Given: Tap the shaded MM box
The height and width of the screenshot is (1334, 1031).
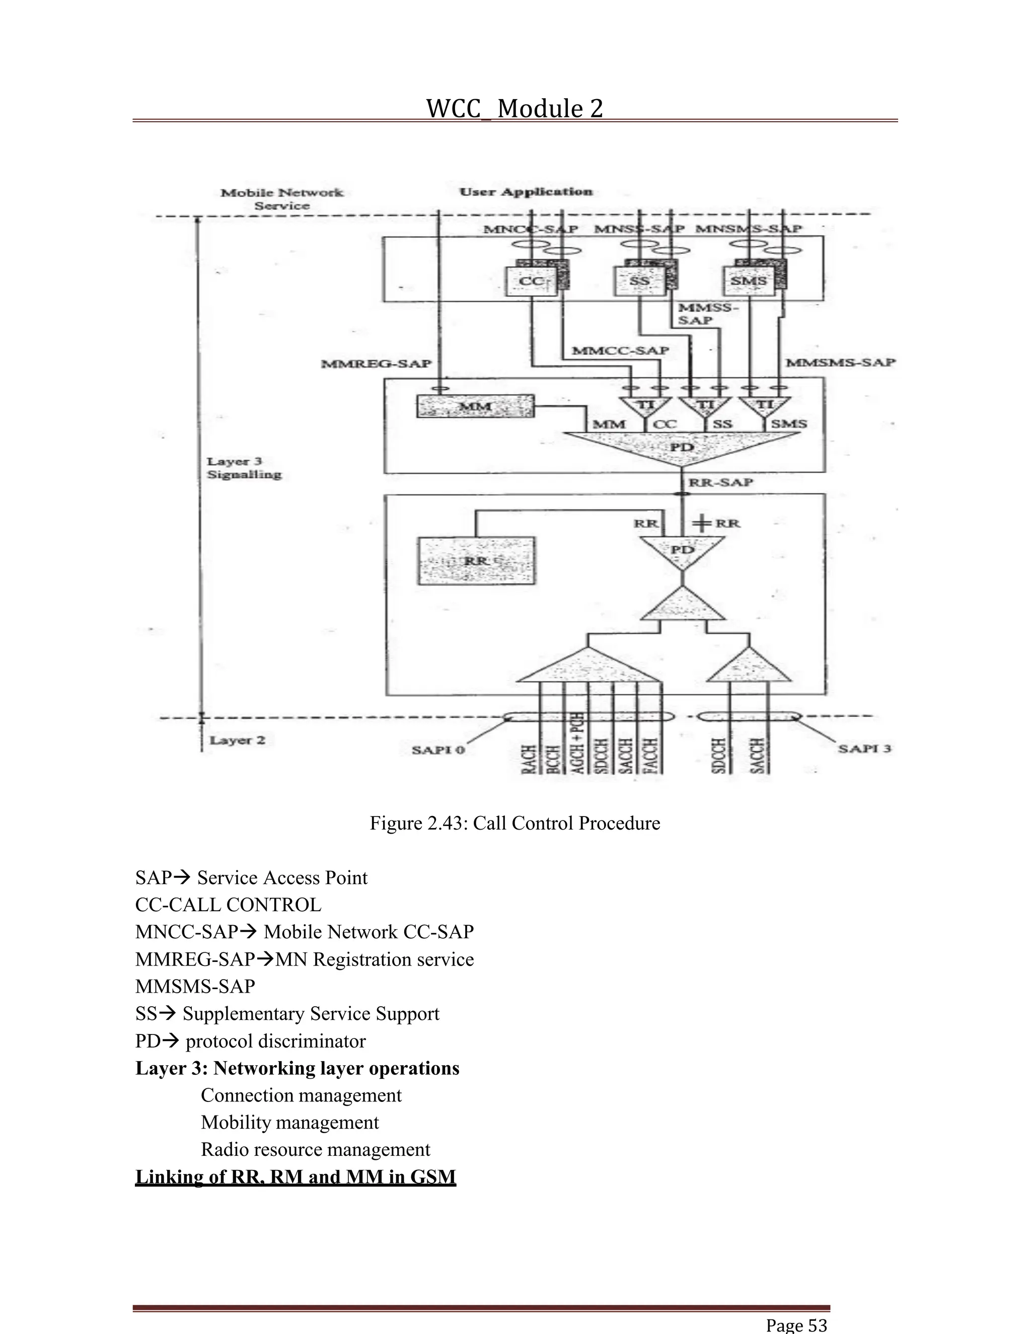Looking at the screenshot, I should point(475,406).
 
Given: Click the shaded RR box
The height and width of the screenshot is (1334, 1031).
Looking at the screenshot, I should point(476,561).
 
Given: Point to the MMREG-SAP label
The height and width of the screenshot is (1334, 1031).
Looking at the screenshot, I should point(376,364).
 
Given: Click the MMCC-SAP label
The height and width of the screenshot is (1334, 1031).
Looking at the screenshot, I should point(620,350).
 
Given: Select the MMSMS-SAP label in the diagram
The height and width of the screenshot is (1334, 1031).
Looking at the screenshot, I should point(840,362).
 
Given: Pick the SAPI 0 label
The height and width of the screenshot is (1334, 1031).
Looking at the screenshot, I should point(438,750).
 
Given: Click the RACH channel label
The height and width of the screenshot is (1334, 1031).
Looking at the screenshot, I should point(530,759).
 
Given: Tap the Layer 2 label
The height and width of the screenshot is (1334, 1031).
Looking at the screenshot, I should point(237,740).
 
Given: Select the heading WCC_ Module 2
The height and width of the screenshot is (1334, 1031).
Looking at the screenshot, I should point(514,109).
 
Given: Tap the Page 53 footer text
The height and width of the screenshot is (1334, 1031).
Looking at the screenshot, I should point(796,1325).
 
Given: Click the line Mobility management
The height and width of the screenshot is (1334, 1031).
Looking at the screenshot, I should point(289,1122).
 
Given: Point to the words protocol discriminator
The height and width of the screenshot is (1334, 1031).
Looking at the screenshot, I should point(275,1041).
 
